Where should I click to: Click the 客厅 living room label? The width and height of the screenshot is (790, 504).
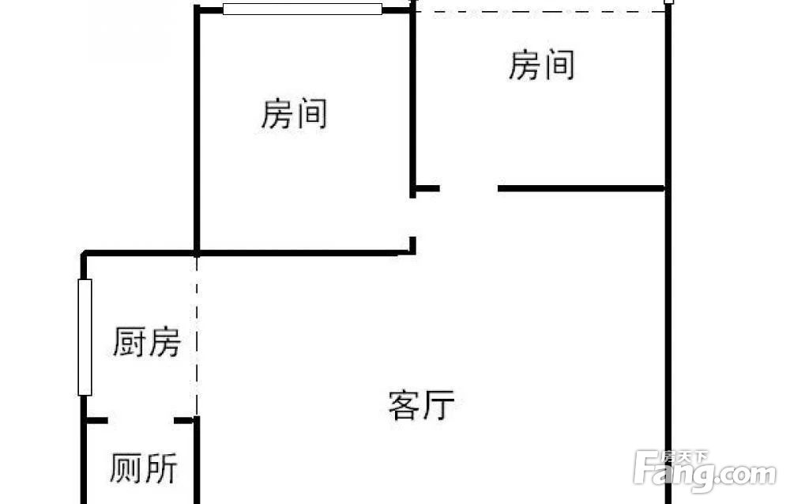[421, 404]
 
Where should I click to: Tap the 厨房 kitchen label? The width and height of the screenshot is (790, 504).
[147, 342]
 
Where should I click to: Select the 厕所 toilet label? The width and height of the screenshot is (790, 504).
[144, 468]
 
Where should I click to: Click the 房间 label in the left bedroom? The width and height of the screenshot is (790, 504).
[294, 113]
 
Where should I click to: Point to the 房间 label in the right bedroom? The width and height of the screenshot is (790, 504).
[542, 65]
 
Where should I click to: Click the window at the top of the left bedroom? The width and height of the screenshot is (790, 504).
[303, 9]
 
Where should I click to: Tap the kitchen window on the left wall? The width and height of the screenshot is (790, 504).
[85, 337]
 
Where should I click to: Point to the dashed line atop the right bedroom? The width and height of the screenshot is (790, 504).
[540, 11]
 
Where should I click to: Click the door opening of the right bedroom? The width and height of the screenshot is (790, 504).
[468, 188]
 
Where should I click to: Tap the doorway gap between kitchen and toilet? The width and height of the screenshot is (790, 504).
[141, 420]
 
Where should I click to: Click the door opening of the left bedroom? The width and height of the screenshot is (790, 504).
[412, 218]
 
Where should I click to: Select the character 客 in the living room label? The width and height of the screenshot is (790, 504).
[404, 404]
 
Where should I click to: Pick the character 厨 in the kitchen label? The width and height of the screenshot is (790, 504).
[130, 342]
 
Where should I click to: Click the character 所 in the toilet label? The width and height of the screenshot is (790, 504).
[160, 468]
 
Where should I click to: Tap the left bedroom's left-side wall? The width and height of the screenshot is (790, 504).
[197, 129]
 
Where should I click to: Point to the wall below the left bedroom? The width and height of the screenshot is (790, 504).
[305, 252]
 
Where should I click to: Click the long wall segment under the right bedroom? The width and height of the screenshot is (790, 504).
[581, 188]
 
